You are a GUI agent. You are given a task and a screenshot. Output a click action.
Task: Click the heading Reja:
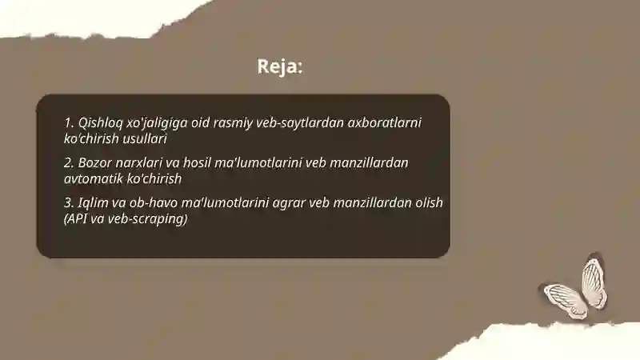(x=280, y=66)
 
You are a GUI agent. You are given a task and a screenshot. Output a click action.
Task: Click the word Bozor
(x=96, y=162)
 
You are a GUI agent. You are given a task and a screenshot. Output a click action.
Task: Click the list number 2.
(x=68, y=162)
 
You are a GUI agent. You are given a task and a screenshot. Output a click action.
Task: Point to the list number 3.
(x=68, y=202)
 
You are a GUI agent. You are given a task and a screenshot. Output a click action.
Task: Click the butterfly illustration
(x=574, y=289)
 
